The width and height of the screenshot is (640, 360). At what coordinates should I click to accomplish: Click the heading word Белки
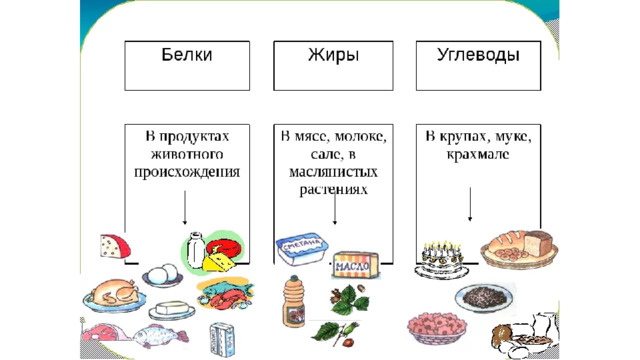point(187,55)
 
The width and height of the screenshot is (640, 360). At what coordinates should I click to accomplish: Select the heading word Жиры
point(333,55)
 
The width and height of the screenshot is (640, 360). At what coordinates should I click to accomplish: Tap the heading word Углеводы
point(478,55)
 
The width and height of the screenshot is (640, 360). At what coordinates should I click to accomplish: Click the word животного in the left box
point(187,154)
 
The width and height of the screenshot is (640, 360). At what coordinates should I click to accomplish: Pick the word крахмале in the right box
point(478,154)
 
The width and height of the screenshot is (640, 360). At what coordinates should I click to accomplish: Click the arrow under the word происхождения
point(185,207)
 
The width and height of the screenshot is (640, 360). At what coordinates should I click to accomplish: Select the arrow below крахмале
point(470,204)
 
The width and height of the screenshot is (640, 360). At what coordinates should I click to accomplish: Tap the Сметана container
point(302,248)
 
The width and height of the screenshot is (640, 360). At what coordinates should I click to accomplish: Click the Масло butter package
point(356,265)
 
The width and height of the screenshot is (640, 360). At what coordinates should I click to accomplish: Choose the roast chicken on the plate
point(114,295)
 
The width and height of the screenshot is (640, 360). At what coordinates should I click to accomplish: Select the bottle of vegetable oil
point(293,302)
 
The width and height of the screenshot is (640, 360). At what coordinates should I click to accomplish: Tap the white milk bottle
point(196,250)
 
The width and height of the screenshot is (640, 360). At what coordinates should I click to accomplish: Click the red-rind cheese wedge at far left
point(115,247)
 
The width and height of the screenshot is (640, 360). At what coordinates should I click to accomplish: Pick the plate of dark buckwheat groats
point(484,297)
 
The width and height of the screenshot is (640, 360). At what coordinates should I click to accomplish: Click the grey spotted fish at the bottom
point(157,336)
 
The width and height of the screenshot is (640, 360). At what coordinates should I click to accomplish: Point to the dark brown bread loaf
point(538,244)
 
